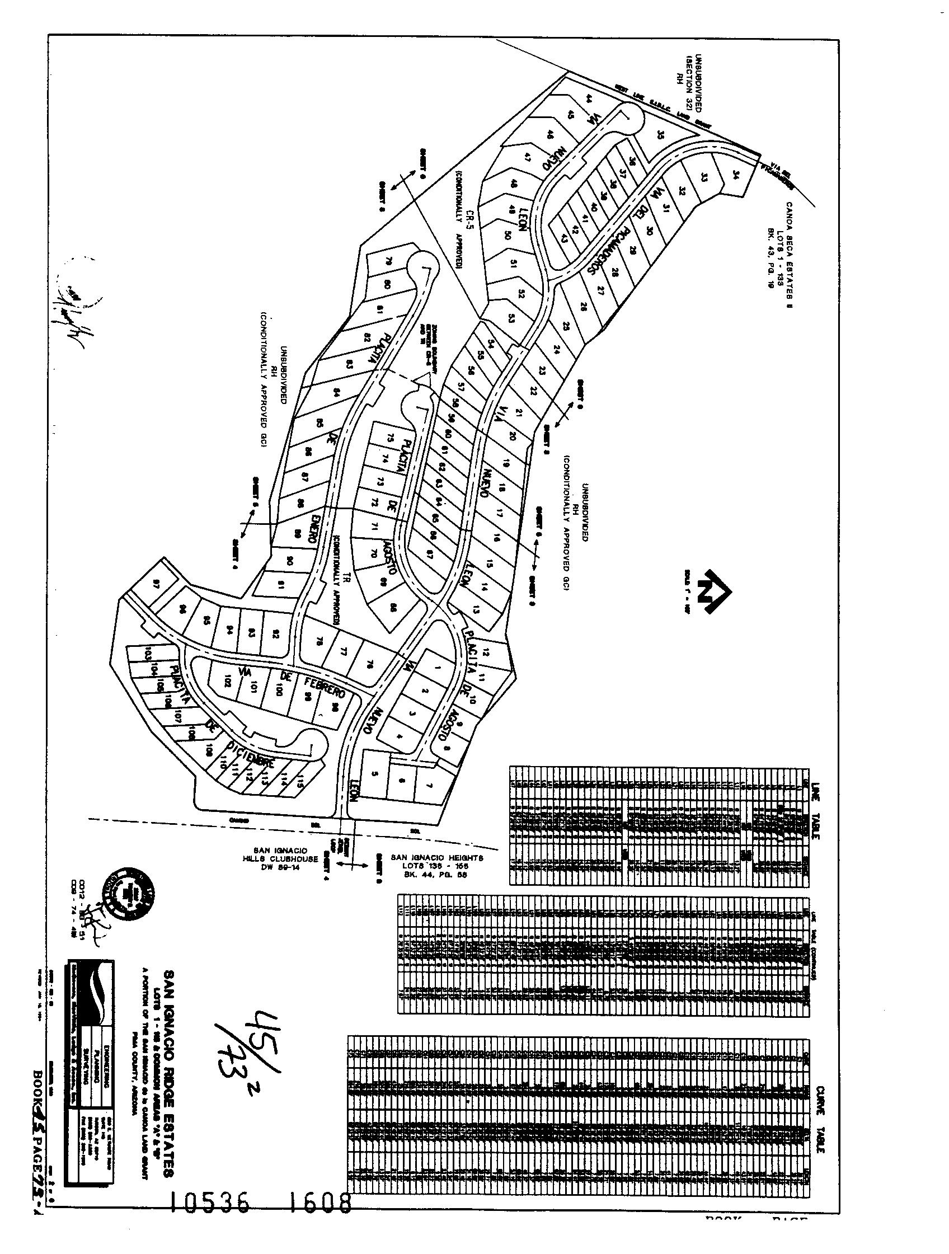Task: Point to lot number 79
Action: tap(389, 261)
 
